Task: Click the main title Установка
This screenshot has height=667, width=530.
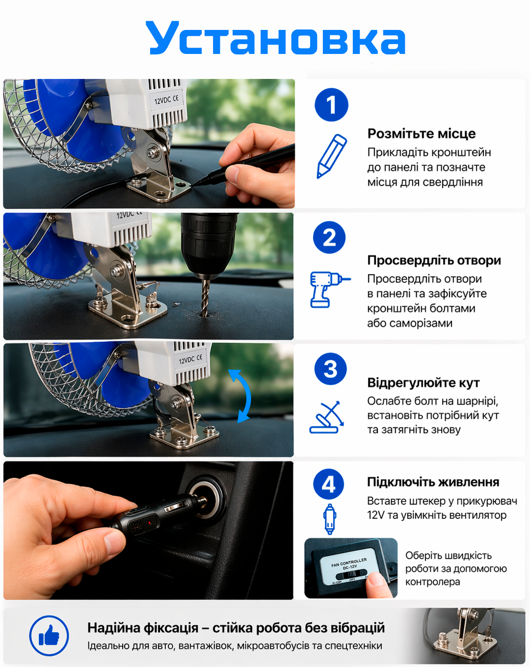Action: [x=276, y=39]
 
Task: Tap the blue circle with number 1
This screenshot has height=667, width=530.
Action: [x=331, y=105]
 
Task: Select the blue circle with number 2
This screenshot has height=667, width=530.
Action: [x=329, y=238]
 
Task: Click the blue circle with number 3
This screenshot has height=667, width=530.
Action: [x=330, y=369]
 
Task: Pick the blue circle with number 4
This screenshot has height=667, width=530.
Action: [x=329, y=484]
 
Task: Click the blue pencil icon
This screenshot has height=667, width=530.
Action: [x=331, y=156]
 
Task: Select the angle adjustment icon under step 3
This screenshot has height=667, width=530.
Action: [x=326, y=418]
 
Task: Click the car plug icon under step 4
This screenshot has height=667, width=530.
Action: [x=329, y=519]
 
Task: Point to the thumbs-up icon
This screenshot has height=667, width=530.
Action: [x=49, y=636]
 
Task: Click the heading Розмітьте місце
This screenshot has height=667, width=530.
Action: [x=421, y=134]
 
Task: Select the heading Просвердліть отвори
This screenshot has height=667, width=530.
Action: [x=434, y=260]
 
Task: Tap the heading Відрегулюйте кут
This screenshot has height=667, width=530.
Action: [x=423, y=383]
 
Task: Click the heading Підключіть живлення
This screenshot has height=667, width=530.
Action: [x=433, y=482]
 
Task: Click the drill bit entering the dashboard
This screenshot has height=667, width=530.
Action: [x=205, y=297]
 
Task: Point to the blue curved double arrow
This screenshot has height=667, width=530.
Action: [x=242, y=395]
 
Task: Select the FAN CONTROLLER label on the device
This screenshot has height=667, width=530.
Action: [x=349, y=563]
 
